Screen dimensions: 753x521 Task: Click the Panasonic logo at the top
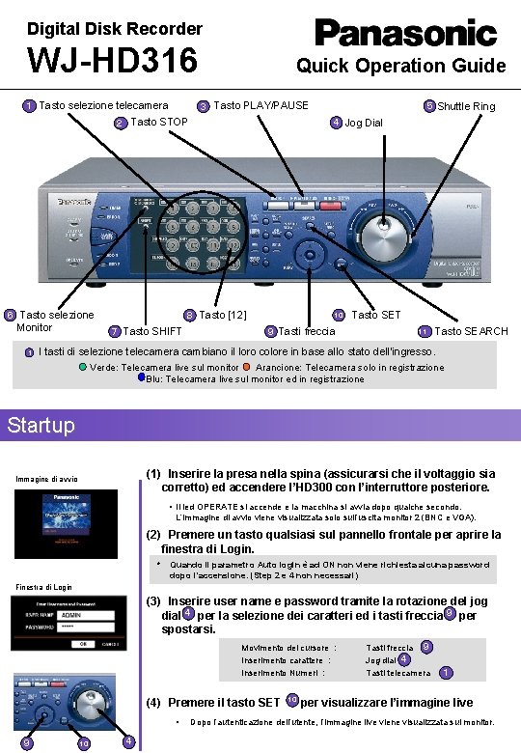(406, 33)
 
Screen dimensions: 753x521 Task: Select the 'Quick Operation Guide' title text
(400, 66)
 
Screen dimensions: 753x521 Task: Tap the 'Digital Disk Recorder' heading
(101, 29)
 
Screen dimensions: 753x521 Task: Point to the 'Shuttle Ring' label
(466, 106)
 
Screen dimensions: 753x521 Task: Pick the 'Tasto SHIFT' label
(151, 331)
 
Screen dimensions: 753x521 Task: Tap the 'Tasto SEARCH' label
(471, 331)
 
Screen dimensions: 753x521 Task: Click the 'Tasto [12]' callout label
(223, 315)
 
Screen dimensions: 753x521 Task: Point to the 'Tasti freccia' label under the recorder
(307, 331)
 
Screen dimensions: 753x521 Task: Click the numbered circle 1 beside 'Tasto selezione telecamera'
(30, 105)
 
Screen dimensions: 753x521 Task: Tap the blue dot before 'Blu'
(141, 378)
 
